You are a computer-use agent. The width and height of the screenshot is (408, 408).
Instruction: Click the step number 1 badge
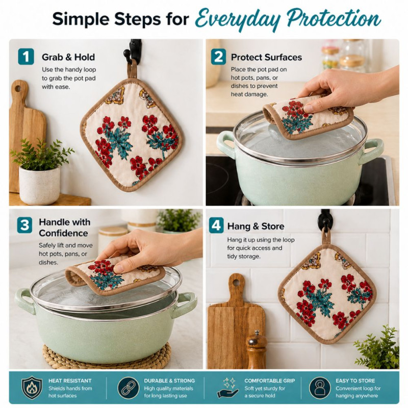(26, 57)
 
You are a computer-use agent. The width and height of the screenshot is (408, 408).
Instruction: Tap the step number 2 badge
(218, 57)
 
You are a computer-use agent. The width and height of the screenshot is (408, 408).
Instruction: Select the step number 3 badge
(24, 225)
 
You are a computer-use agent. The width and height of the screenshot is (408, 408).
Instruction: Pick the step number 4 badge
(216, 225)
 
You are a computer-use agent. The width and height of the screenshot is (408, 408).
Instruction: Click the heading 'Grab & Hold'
(68, 57)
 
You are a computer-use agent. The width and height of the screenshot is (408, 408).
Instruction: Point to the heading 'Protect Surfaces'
(266, 57)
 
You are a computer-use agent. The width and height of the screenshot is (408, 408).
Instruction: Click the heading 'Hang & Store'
(256, 226)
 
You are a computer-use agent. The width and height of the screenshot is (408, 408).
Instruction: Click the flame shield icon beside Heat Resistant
(32, 388)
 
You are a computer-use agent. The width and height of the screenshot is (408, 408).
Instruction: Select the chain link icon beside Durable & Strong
(129, 388)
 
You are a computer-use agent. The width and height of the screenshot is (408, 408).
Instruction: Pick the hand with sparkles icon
(227, 388)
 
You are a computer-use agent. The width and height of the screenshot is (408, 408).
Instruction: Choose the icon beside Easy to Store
(320, 388)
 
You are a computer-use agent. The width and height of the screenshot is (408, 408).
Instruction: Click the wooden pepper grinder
(257, 349)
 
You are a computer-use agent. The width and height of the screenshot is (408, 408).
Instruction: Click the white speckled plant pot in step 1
(39, 185)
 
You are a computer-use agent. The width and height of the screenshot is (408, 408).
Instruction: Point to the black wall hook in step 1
(133, 50)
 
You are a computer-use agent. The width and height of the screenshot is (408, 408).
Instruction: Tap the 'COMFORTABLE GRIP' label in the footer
(270, 380)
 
